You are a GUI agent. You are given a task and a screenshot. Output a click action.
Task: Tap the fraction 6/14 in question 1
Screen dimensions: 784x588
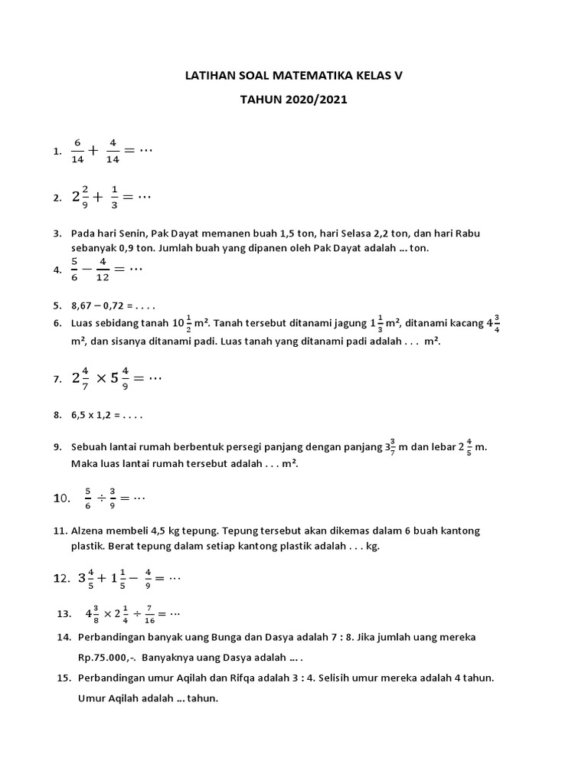click(x=77, y=151)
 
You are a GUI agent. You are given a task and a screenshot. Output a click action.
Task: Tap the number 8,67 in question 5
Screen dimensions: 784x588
click(x=83, y=305)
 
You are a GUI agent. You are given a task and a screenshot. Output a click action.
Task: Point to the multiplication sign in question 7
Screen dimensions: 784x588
click(x=101, y=378)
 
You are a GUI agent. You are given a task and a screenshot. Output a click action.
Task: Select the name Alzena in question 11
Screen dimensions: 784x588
click(x=89, y=531)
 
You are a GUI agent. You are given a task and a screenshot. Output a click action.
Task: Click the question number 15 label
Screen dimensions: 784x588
click(x=64, y=678)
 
